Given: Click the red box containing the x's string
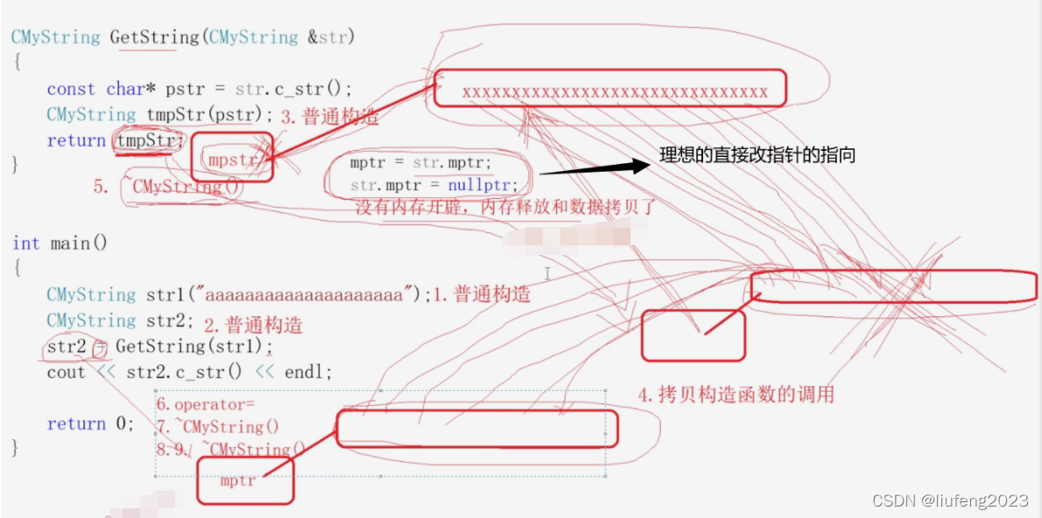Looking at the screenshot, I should [610, 89].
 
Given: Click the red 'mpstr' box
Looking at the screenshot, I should [232, 159].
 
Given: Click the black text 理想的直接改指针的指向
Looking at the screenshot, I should [757, 156].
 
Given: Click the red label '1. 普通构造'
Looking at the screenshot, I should [481, 294].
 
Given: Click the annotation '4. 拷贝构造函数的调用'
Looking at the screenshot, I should [736, 394].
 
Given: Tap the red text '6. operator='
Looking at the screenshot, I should [205, 405].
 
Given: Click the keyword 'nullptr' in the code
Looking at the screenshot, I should [481, 186].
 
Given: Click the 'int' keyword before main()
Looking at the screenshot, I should [25, 243].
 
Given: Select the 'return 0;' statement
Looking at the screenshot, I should [90, 423].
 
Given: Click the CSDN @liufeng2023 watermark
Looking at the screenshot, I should [950, 500].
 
